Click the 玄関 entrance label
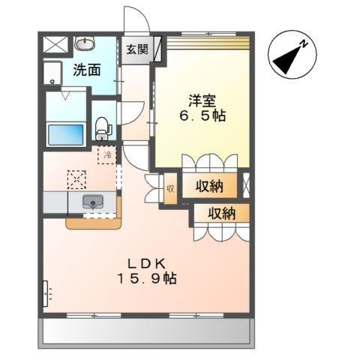coord(136,50)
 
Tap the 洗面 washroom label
coord(87,71)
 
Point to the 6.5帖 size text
coord(202,117)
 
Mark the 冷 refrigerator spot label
coord(106,156)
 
